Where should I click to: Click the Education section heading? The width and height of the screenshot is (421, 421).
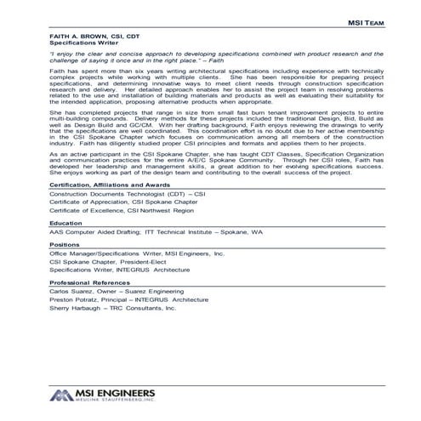(65, 246)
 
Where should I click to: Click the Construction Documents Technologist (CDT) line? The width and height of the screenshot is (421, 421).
(128, 217)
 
